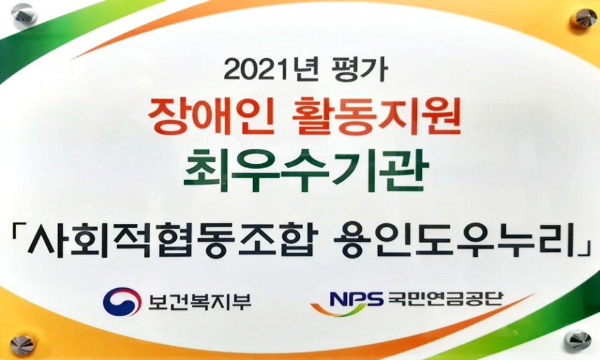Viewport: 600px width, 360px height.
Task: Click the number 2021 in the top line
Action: coord(254,70)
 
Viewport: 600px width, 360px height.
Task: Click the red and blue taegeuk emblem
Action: coord(122,302)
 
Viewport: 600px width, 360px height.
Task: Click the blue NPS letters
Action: coord(356,298)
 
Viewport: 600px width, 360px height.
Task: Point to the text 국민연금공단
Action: coord(444,298)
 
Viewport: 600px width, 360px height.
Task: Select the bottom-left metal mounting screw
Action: coord(22,345)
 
